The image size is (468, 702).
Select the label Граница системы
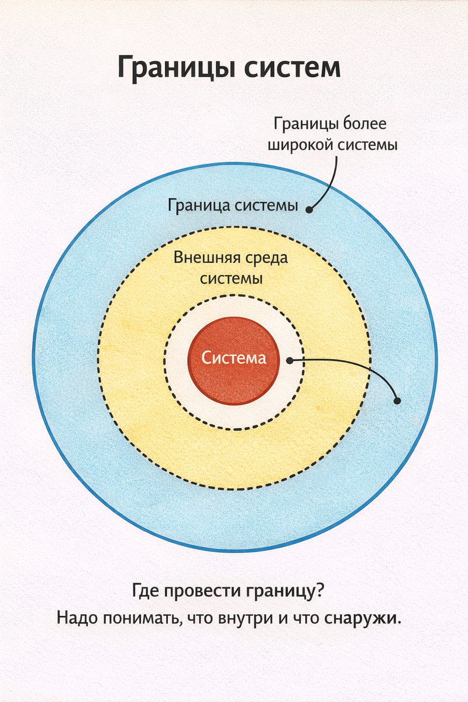coord(233,207)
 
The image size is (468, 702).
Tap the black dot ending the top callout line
coord(310,209)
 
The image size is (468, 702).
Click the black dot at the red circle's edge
coord(290,360)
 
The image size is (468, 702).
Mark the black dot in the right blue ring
coord(398,401)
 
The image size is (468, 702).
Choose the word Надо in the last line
coord(78,618)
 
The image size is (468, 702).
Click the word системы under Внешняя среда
coord(231,278)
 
